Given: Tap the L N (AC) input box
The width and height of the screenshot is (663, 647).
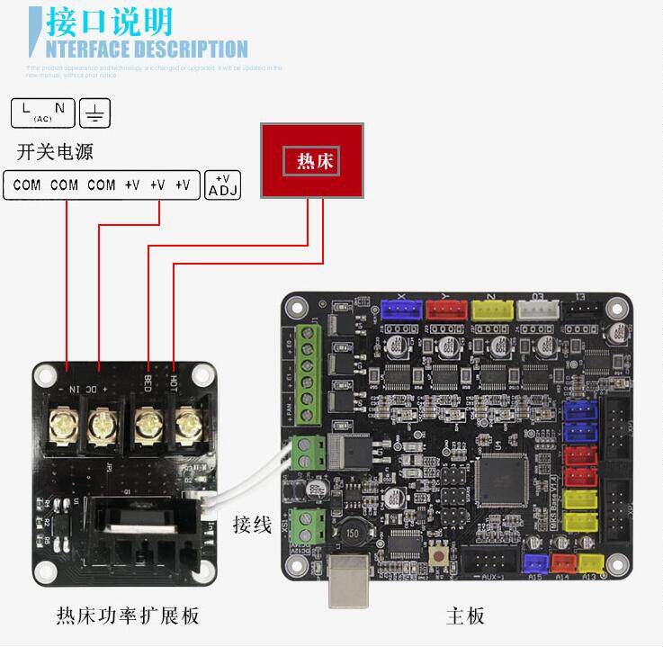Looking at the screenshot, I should click(x=42, y=112).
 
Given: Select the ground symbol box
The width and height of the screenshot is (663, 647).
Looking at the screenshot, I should click(x=95, y=112).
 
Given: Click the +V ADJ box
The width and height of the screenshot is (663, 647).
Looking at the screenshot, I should click(x=223, y=184).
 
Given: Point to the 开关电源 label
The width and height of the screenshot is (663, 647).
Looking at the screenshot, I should click(x=54, y=151).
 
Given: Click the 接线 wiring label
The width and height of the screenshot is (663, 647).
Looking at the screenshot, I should click(x=252, y=525).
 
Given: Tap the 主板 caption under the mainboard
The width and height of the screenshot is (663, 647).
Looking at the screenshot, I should click(x=465, y=616).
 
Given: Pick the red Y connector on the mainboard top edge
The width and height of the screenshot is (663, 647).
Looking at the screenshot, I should click(x=446, y=310).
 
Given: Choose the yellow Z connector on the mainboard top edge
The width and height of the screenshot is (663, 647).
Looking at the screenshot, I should click(x=492, y=310).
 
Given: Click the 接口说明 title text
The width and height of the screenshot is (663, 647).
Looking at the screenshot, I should click(x=108, y=22).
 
